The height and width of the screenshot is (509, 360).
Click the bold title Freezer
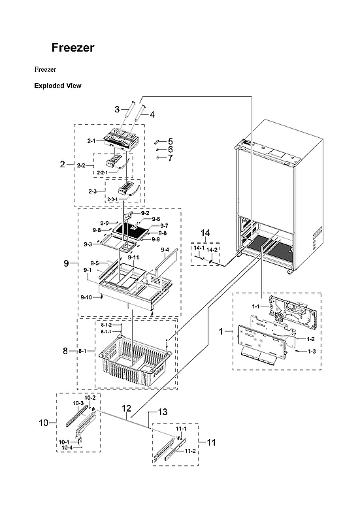click(x=73, y=48)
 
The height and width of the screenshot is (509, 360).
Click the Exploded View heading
click(x=57, y=86)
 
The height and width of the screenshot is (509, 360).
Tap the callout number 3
click(x=117, y=109)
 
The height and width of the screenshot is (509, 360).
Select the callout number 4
click(x=152, y=114)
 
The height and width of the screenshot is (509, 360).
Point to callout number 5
click(x=170, y=141)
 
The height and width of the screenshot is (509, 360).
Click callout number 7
click(x=170, y=158)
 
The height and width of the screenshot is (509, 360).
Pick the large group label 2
click(x=63, y=164)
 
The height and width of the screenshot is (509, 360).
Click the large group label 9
click(x=66, y=263)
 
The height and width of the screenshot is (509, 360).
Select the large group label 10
click(x=43, y=423)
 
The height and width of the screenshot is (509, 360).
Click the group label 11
click(x=210, y=442)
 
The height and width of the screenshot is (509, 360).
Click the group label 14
click(x=206, y=233)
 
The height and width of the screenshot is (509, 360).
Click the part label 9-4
click(x=164, y=250)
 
